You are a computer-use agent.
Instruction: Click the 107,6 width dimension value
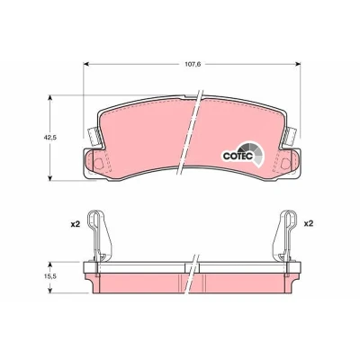(x=193, y=64)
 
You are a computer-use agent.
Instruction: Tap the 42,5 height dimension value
(x=49, y=138)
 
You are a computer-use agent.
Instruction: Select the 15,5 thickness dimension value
(x=49, y=277)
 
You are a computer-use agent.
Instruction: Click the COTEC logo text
(x=238, y=156)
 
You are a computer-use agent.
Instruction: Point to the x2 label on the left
(x=76, y=224)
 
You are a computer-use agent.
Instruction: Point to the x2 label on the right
(x=309, y=224)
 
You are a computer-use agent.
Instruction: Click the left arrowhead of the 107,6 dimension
(x=86, y=64)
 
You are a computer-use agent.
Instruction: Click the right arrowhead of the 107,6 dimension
(x=297, y=64)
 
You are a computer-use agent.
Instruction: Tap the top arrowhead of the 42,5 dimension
(x=50, y=99)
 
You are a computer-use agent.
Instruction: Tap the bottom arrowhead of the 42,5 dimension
(x=50, y=177)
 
